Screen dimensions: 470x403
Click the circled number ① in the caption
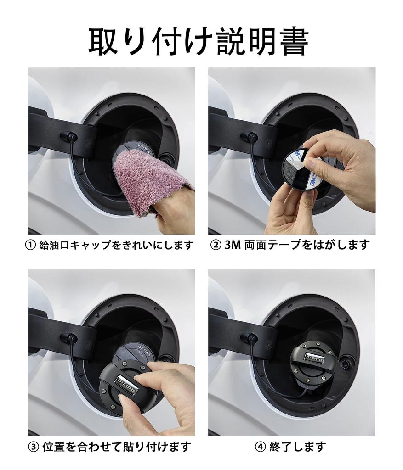click(x=30, y=245)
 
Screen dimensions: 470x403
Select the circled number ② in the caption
click(x=216, y=245)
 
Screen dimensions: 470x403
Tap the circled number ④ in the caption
click(x=261, y=446)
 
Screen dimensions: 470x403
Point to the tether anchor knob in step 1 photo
click(x=70, y=136)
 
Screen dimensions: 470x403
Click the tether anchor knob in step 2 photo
click(x=250, y=136)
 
